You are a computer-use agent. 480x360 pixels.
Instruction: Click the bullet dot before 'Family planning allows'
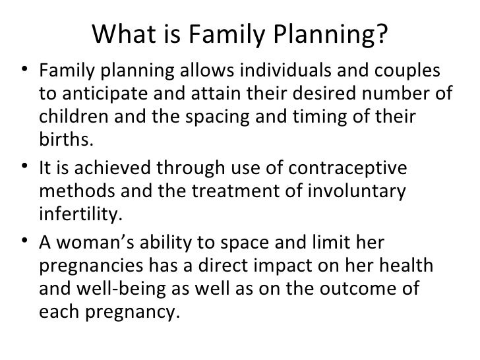pos(24,71)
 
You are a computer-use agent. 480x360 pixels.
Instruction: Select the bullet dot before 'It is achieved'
pos(24,170)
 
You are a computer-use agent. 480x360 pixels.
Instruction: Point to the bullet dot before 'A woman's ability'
pos(24,245)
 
